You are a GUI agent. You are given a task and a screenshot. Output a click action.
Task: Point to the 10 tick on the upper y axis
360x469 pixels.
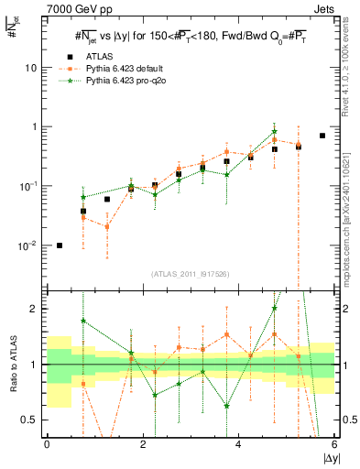coord(31,68)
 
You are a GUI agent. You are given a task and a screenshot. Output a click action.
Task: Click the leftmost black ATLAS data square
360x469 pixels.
coord(60,245)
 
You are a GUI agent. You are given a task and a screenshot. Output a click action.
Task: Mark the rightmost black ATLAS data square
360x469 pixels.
coord(322,136)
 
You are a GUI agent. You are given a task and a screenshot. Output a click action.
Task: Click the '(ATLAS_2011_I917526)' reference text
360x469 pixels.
coord(191,274)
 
